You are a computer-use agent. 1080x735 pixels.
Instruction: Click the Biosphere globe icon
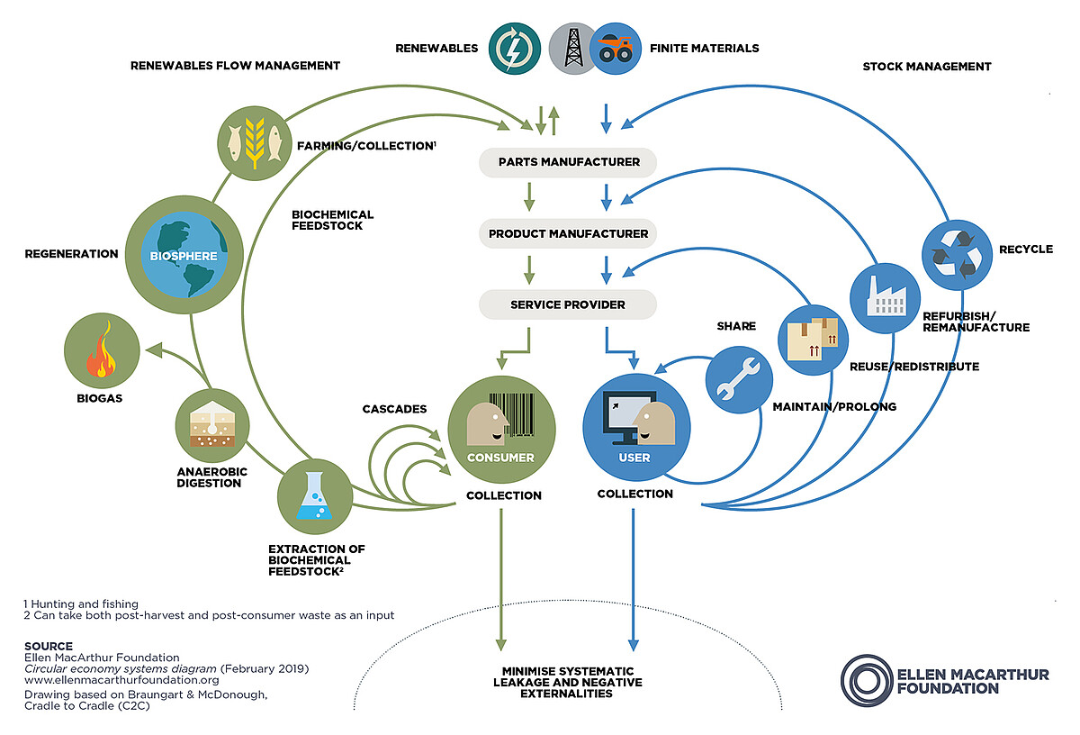click(184, 255)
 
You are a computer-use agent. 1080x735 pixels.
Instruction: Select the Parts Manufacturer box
click(569, 162)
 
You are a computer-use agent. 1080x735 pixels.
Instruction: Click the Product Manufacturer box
click(569, 233)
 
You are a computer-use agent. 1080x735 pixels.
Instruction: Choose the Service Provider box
click(568, 304)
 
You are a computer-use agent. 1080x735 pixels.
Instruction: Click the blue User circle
click(636, 428)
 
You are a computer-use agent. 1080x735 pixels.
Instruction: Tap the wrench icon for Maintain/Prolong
click(739, 379)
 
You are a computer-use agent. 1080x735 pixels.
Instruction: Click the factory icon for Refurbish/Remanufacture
click(884, 296)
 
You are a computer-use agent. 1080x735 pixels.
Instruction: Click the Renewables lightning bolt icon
click(514, 48)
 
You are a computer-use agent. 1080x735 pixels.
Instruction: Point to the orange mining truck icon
click(616, 48)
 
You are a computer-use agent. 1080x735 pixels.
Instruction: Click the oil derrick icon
click(573, 48)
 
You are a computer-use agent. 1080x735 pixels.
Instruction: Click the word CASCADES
click(394, 409)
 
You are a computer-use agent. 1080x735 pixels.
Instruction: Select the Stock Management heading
click(926, 67)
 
